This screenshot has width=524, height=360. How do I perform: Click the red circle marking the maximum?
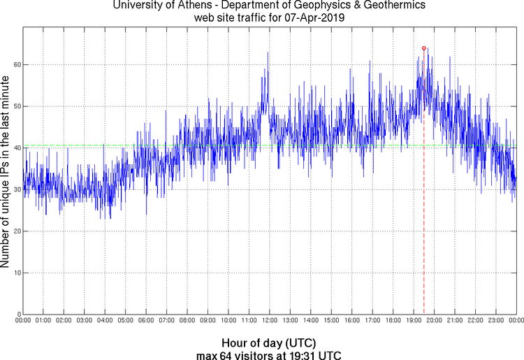coord(424,48)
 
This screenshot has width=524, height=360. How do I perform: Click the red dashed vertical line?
coord(424,210)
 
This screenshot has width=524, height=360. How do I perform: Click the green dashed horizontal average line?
coord(70,145)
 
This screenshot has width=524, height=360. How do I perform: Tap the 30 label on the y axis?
coord(15,189)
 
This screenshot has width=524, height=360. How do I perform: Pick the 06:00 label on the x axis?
coord(145,320)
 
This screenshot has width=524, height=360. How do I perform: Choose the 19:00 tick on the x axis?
coord(413,320)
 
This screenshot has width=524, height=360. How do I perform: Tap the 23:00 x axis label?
coord(495,320)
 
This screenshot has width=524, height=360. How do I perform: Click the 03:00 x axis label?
coord(84,320)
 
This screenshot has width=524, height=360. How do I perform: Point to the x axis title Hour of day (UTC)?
coord(268,343)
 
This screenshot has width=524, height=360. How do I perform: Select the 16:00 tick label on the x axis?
coord(351,320)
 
